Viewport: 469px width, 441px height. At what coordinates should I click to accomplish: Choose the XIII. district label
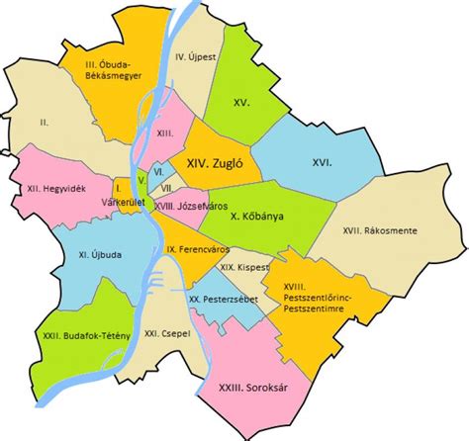[165, 132]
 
